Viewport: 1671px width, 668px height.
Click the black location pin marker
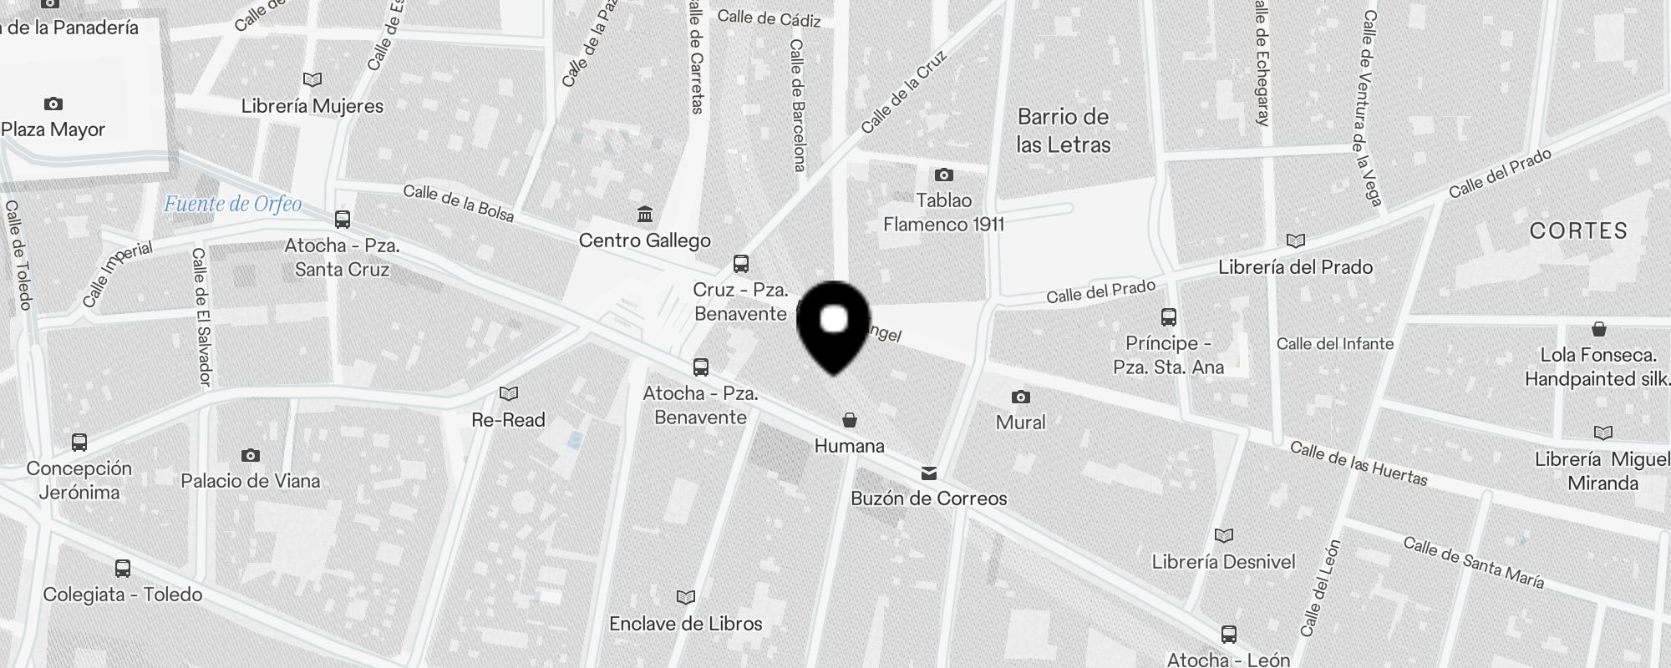pos(834,326)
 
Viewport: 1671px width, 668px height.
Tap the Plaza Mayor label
pos(53,129)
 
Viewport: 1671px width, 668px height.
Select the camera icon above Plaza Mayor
pos(53,104)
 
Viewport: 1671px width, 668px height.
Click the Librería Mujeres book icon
pos(312,80)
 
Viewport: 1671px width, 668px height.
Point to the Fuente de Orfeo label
pos(232,204)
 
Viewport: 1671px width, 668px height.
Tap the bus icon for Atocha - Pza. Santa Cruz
pos(343,220)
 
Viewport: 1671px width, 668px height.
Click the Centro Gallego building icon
pos(645,215)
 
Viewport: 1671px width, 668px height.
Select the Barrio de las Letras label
pos(1064,130)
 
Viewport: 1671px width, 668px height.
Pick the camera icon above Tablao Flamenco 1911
pos(944,175)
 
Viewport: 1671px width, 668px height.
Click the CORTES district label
pos(1578,231)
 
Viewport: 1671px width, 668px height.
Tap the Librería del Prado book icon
pos(1296,241)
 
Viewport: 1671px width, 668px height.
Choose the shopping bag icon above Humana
pos(850,419)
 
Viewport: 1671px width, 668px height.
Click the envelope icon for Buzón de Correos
pos(929,473)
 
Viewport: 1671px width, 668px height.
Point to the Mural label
pos(1021,422)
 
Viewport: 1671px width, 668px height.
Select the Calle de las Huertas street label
pos(1359,463)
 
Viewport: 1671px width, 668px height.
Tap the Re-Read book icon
pos(509,393)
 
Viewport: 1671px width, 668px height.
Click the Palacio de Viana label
pos(251,481)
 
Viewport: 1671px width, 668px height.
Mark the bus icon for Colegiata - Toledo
pos(123,569)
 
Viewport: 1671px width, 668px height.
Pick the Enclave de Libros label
pos(686,624)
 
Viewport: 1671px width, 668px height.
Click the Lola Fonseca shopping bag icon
pos(1599,328)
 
